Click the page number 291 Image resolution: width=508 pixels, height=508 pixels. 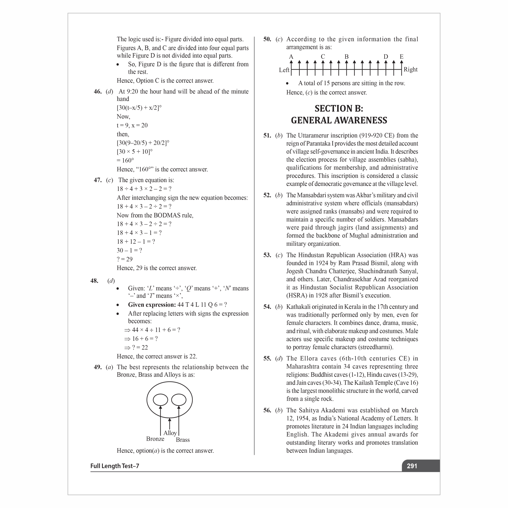pos(412,466)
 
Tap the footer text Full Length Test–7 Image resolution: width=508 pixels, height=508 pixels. pos(115,466)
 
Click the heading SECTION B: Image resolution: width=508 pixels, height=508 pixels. pos(339,108)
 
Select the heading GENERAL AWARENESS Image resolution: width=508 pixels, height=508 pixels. pos(339,120)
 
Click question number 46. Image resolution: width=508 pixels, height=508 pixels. pos(98,91)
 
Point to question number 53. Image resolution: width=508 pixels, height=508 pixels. pos(267,255)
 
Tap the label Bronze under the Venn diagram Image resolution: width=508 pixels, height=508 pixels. pos(155,439)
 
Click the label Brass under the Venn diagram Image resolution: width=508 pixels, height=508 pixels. pos(183,440)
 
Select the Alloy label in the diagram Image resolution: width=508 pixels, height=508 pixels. pos(170,433)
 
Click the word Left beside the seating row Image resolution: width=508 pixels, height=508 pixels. pos(284,70)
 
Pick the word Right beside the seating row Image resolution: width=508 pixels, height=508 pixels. pos(410,69)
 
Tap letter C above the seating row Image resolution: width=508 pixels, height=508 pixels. pos(323,57)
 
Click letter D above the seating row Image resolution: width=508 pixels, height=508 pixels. pos(386,57)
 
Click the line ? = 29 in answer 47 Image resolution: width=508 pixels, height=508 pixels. pos(125,259)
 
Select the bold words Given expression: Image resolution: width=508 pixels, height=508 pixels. pos(152,305)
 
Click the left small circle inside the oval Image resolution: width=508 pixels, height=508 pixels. pos(160,400)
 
